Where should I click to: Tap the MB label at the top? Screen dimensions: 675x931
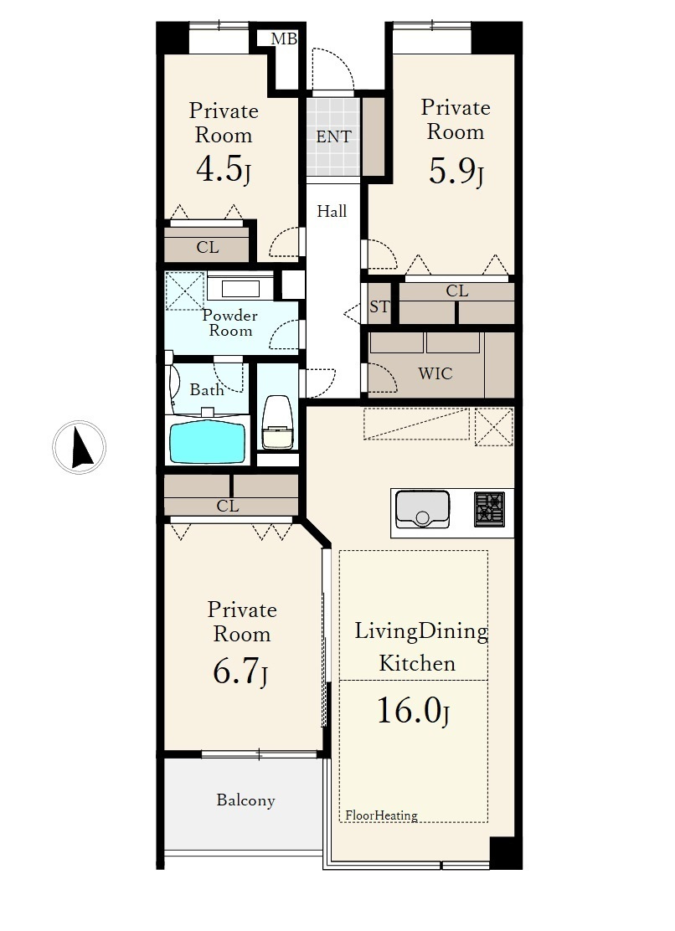point(284,39)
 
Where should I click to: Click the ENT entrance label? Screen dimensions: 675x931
point(333,137)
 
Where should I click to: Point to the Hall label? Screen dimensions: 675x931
point(332,211)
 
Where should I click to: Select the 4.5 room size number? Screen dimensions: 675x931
point(219,169)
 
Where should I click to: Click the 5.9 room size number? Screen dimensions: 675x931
point(451,172)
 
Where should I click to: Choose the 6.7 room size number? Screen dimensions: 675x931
point(235,671)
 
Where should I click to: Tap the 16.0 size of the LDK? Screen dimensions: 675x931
point(409,710)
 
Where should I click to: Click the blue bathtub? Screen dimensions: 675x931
point(207,441)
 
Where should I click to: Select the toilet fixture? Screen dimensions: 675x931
point(277,422)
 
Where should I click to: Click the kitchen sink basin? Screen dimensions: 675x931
point(422,509)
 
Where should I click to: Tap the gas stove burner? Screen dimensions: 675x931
point(489,509)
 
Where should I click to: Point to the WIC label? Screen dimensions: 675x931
point(435,373)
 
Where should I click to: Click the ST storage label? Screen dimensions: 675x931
point(379,306)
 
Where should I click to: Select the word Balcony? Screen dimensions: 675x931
point(245,800)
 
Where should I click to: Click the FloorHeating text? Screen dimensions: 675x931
point(381,815)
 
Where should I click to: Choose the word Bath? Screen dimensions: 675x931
point(207,389)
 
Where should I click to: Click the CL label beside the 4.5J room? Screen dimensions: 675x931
point(207,247)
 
